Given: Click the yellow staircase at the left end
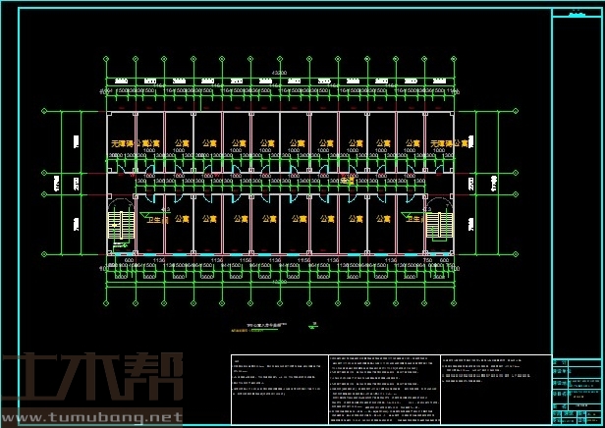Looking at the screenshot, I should (119, 225).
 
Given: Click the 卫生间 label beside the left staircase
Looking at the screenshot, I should (158, 219).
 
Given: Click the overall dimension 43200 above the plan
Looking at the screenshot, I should (280, 73).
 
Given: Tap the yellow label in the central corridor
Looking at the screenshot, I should (347, 178).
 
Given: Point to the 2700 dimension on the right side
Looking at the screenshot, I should (471, 183).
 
